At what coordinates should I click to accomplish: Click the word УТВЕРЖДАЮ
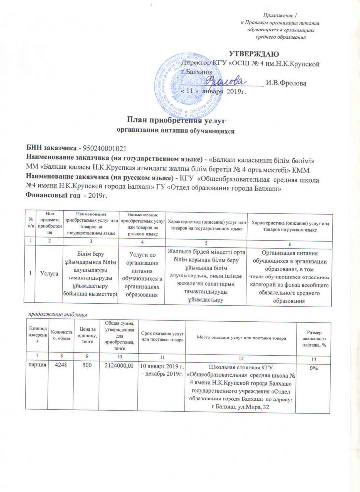click(x=255, y=53)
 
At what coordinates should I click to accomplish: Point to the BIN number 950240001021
click(x=103, y=148)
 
